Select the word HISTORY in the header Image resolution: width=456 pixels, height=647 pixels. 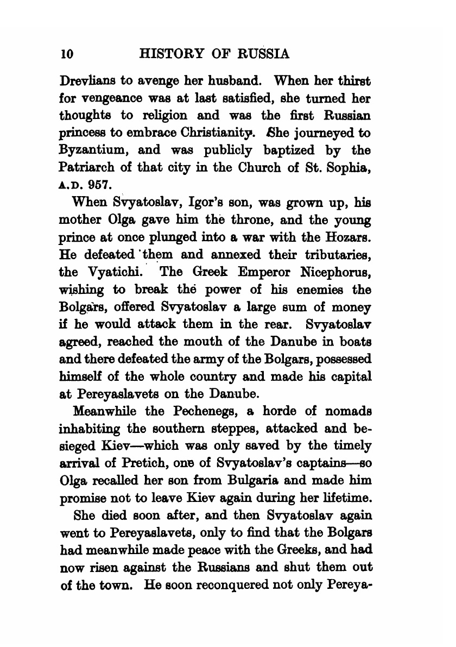pyautogui.click(x=166, y=54)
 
